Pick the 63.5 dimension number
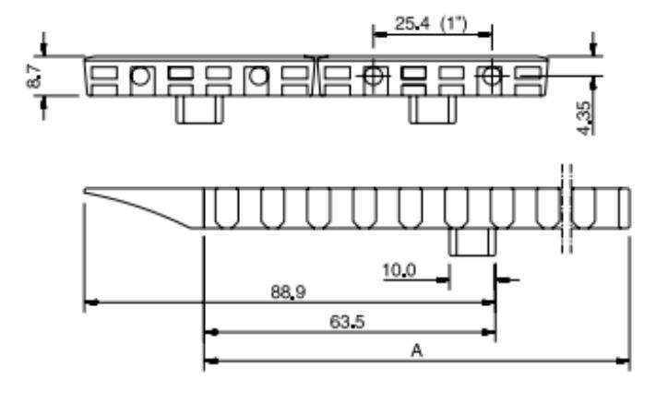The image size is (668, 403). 350,324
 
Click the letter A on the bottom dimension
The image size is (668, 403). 417,350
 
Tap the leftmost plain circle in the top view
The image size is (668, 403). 139,77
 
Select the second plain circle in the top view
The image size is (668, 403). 255,77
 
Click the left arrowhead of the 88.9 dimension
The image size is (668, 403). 89,302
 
